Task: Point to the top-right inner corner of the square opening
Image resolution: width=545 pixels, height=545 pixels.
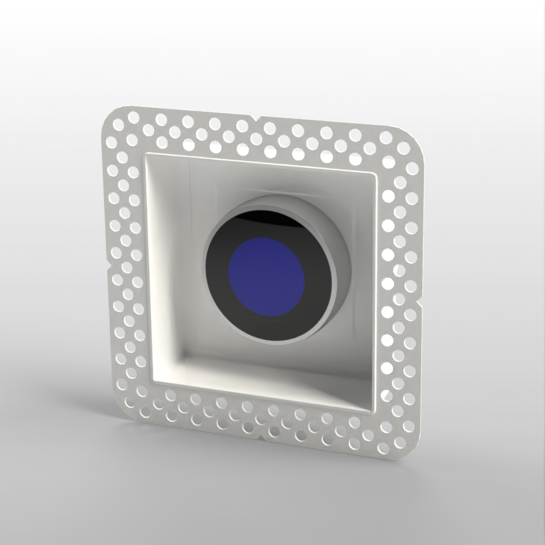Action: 376,173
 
